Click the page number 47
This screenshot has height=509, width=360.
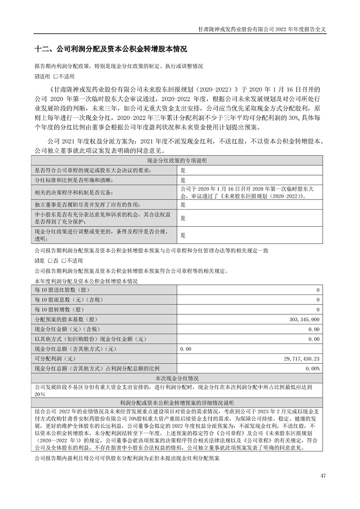click(323, 475)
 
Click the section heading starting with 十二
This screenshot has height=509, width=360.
click(111, 49)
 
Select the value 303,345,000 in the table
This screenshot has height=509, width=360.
click(304, 320)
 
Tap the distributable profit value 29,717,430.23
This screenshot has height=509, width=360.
click(301, 358)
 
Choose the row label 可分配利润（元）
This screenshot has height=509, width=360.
click(55, 358)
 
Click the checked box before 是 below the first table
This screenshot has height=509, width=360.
click(37, 261)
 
